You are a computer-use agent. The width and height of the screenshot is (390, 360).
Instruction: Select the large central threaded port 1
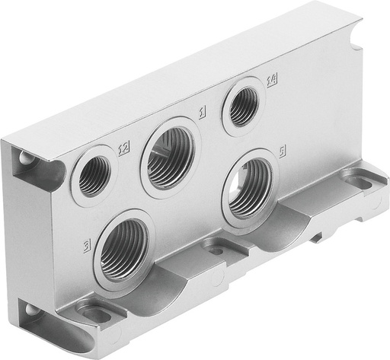tap(168, 158)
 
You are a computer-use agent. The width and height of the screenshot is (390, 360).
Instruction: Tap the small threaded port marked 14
tap(243, 106)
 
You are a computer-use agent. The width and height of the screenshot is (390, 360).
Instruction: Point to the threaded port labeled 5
tap(250, 187)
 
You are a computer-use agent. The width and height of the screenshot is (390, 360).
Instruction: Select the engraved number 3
tap(89, 245)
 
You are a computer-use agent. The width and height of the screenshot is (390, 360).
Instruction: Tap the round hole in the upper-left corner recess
tap(27, 159)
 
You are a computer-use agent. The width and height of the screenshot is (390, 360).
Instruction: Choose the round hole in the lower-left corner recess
tap(30, 310)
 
